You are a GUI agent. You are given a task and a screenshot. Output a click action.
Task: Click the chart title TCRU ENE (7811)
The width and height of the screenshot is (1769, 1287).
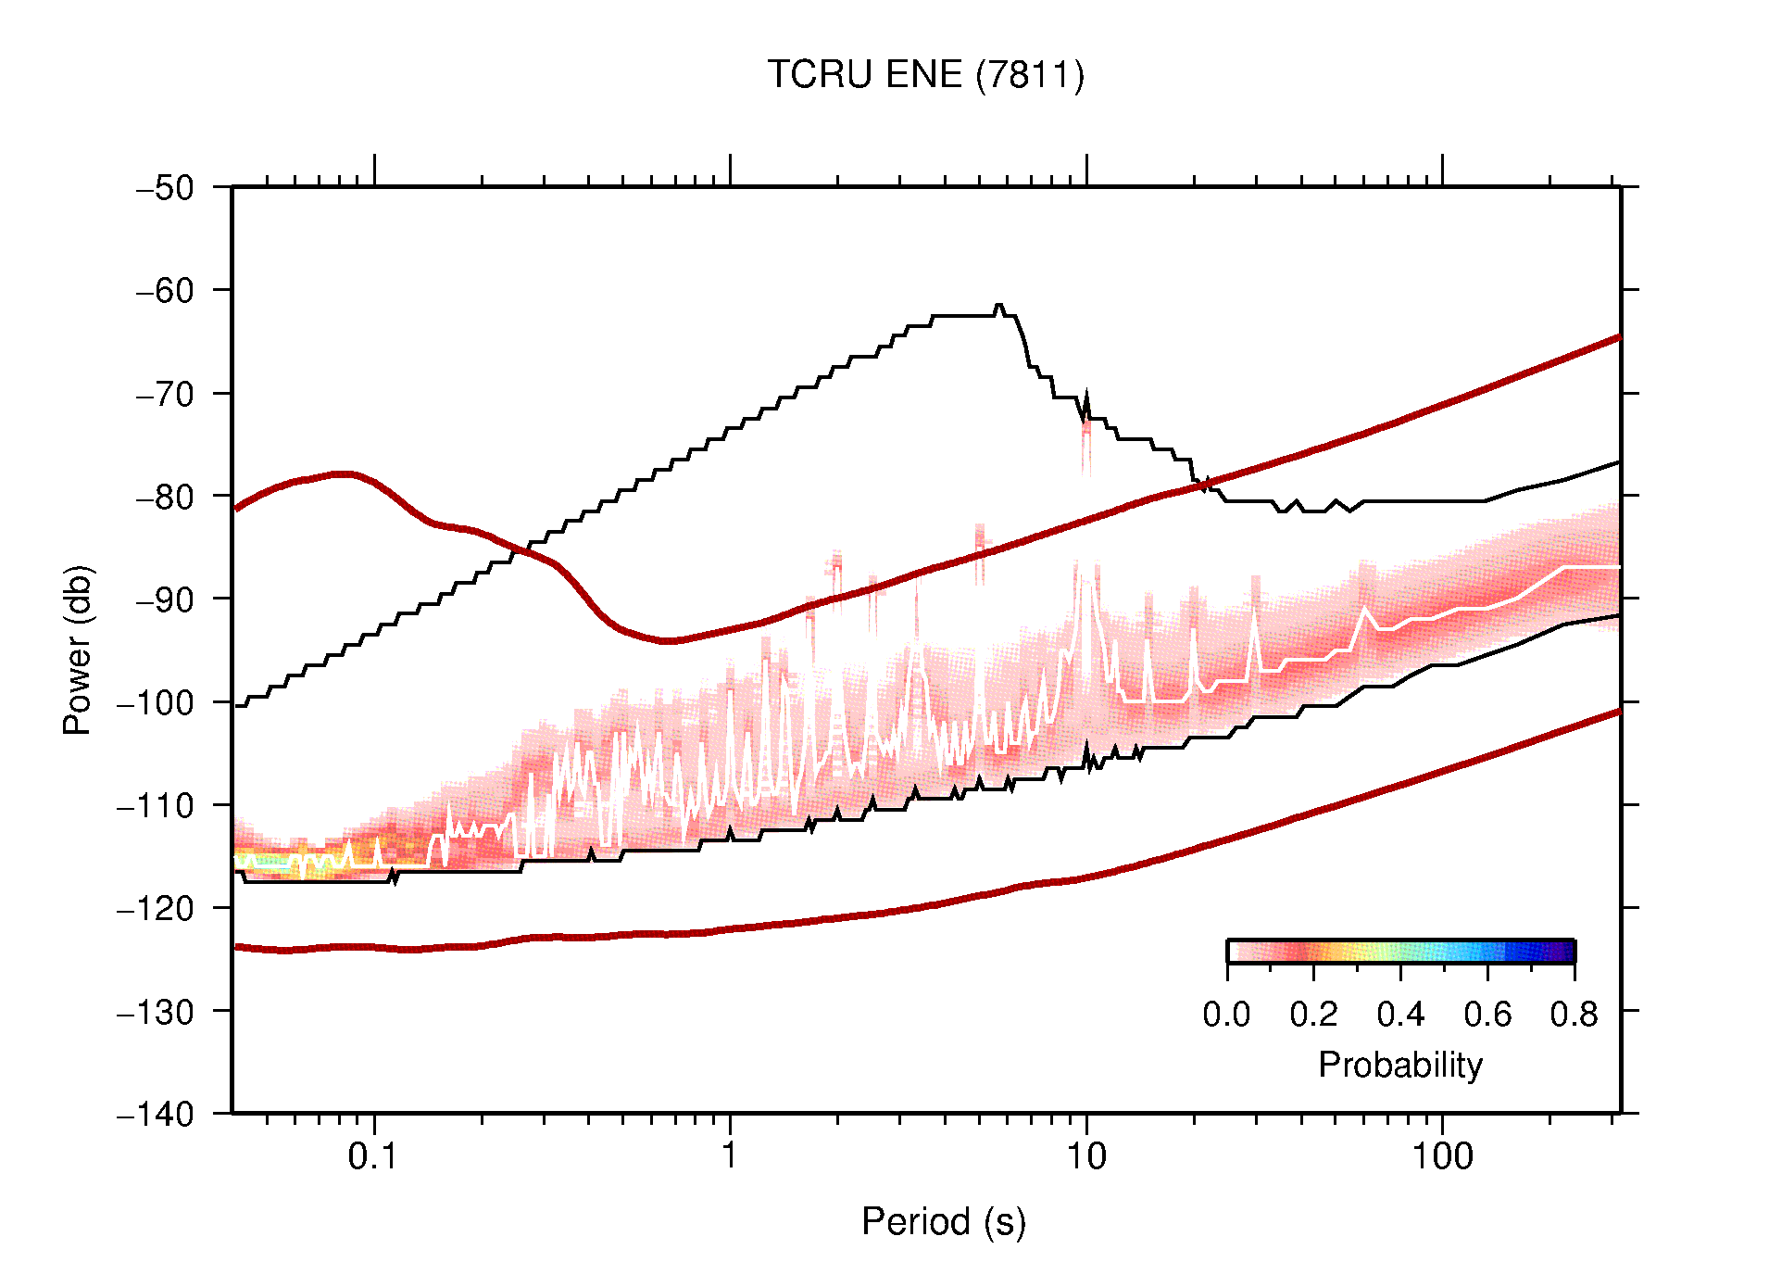925,75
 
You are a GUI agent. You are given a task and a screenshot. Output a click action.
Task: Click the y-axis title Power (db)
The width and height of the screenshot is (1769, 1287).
78,650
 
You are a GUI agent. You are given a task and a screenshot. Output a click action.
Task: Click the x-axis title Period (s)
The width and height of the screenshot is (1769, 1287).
943,1221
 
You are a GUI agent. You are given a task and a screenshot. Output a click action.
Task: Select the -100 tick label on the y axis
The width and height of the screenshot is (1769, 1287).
156,702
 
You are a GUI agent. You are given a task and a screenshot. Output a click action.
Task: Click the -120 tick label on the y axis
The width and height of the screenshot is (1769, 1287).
156,908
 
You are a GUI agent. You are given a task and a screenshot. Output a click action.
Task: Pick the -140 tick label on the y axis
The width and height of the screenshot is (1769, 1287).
156,1114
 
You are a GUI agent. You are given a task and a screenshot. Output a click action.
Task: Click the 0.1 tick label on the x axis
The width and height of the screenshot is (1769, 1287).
373,1156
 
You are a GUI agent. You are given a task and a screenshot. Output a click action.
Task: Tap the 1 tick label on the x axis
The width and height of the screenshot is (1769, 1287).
730,1156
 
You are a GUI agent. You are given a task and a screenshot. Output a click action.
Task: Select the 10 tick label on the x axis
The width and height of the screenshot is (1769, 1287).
1085,1156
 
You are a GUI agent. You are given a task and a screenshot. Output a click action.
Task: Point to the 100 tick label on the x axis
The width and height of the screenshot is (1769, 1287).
1441,1156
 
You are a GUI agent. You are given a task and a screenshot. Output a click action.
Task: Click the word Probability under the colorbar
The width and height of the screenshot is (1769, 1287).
1399,1066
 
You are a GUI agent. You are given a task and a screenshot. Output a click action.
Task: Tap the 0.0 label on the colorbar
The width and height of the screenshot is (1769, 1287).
1226,1015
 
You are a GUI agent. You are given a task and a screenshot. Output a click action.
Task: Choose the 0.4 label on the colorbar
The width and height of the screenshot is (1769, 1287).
1400,1015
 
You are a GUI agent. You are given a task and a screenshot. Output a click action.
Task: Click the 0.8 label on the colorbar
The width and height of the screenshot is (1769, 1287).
1574,1015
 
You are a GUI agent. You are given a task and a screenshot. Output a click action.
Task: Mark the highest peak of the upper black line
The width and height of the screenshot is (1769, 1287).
998,305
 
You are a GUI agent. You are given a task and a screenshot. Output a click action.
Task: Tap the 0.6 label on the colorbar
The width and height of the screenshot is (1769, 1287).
1487,1015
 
